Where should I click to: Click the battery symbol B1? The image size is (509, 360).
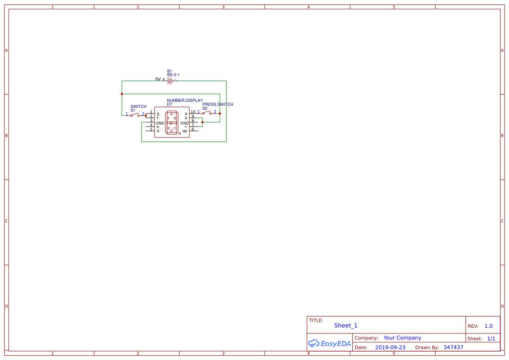click(x=170, y=81)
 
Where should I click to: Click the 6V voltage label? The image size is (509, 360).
click(x=158, y=79)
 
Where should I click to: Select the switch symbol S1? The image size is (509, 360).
click(x=135, y=115)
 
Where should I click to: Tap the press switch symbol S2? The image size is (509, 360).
click(x=206, y=113)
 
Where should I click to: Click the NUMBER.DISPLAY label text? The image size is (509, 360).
click(x=185, y=101)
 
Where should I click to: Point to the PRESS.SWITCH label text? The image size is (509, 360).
click(x=218, y=104)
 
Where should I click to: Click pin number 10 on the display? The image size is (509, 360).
click(x=193, y=112)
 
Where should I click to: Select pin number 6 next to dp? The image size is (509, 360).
click(x=193, y=129)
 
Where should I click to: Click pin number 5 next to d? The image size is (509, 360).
click(x=151, y=129)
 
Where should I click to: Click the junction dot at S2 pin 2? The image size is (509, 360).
click(x=220, y=114)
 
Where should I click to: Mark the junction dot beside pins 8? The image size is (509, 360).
click(x=202, y=122)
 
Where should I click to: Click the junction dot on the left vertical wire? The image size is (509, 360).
click(x=122, y=94)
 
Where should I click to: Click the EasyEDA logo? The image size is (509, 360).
click(x=329, y=343)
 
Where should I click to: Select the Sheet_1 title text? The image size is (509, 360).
click(x=346, y=326)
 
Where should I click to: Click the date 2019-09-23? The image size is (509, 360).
click(x=390, y=347)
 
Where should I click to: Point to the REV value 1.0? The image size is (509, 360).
click(x=489, y=326)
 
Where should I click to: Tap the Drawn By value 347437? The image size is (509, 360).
click(x=453, y=347)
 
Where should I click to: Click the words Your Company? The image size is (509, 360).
click(x=402, y=338)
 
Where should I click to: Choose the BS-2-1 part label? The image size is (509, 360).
click(x=173, y=75)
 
